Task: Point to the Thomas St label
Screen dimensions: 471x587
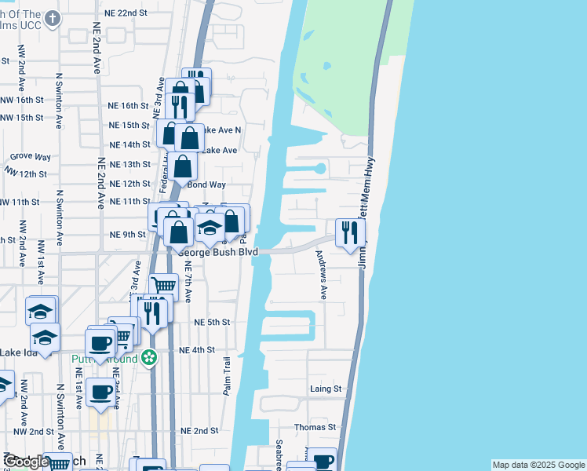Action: click(x=315, y=428)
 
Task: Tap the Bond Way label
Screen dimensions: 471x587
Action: click(x=207, y=184)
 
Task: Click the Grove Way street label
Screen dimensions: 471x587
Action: click(x=31, y=157)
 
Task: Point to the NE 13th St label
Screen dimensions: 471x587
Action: click(x=129, y=164)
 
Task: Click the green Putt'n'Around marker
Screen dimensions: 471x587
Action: click(x=149, y=360)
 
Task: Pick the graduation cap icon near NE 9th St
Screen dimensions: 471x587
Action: click(x=210, y=227)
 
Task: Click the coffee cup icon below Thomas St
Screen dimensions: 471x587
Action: click(x=321, y=459)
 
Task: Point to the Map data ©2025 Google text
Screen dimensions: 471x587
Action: click(x=538, y=465)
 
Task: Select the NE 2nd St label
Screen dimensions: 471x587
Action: click(x=199, y=431)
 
